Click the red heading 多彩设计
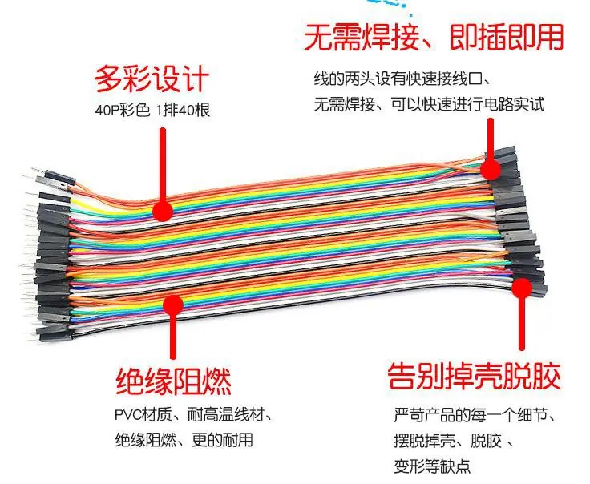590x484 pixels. (x=152, y=79)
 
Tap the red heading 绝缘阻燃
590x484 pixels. (x=173, y=381)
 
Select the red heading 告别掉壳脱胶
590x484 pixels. (x=474, y=376)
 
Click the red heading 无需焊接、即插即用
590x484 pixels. (x=434, y=37)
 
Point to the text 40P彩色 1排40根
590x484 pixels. (x=152, y=111)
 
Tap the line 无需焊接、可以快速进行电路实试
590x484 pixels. (x=429, y=104)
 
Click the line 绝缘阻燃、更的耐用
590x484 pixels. (x=184, y=440)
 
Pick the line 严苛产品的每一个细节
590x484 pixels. (x=475, y=415)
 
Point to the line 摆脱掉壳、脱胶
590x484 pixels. (x=454, y=441)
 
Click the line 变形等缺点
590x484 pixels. (x=432, y=466)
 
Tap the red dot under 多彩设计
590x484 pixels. (x=163, y=212)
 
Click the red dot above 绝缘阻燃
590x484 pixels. (x=173, y=305)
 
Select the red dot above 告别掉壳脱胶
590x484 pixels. (x=522, y=288)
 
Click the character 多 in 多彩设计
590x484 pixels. (x=108, y=79)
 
